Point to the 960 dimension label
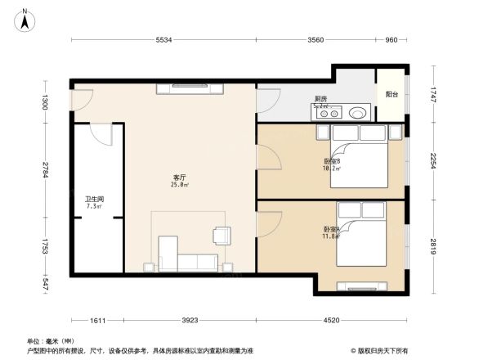click(391, 40)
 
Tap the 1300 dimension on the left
click(47, 102)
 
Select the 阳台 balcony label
click(392, 95)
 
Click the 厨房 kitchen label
click(321, 100)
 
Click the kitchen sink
click(356, 112)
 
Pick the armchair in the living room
click(222, 236)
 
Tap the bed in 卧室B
click(359, 159)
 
